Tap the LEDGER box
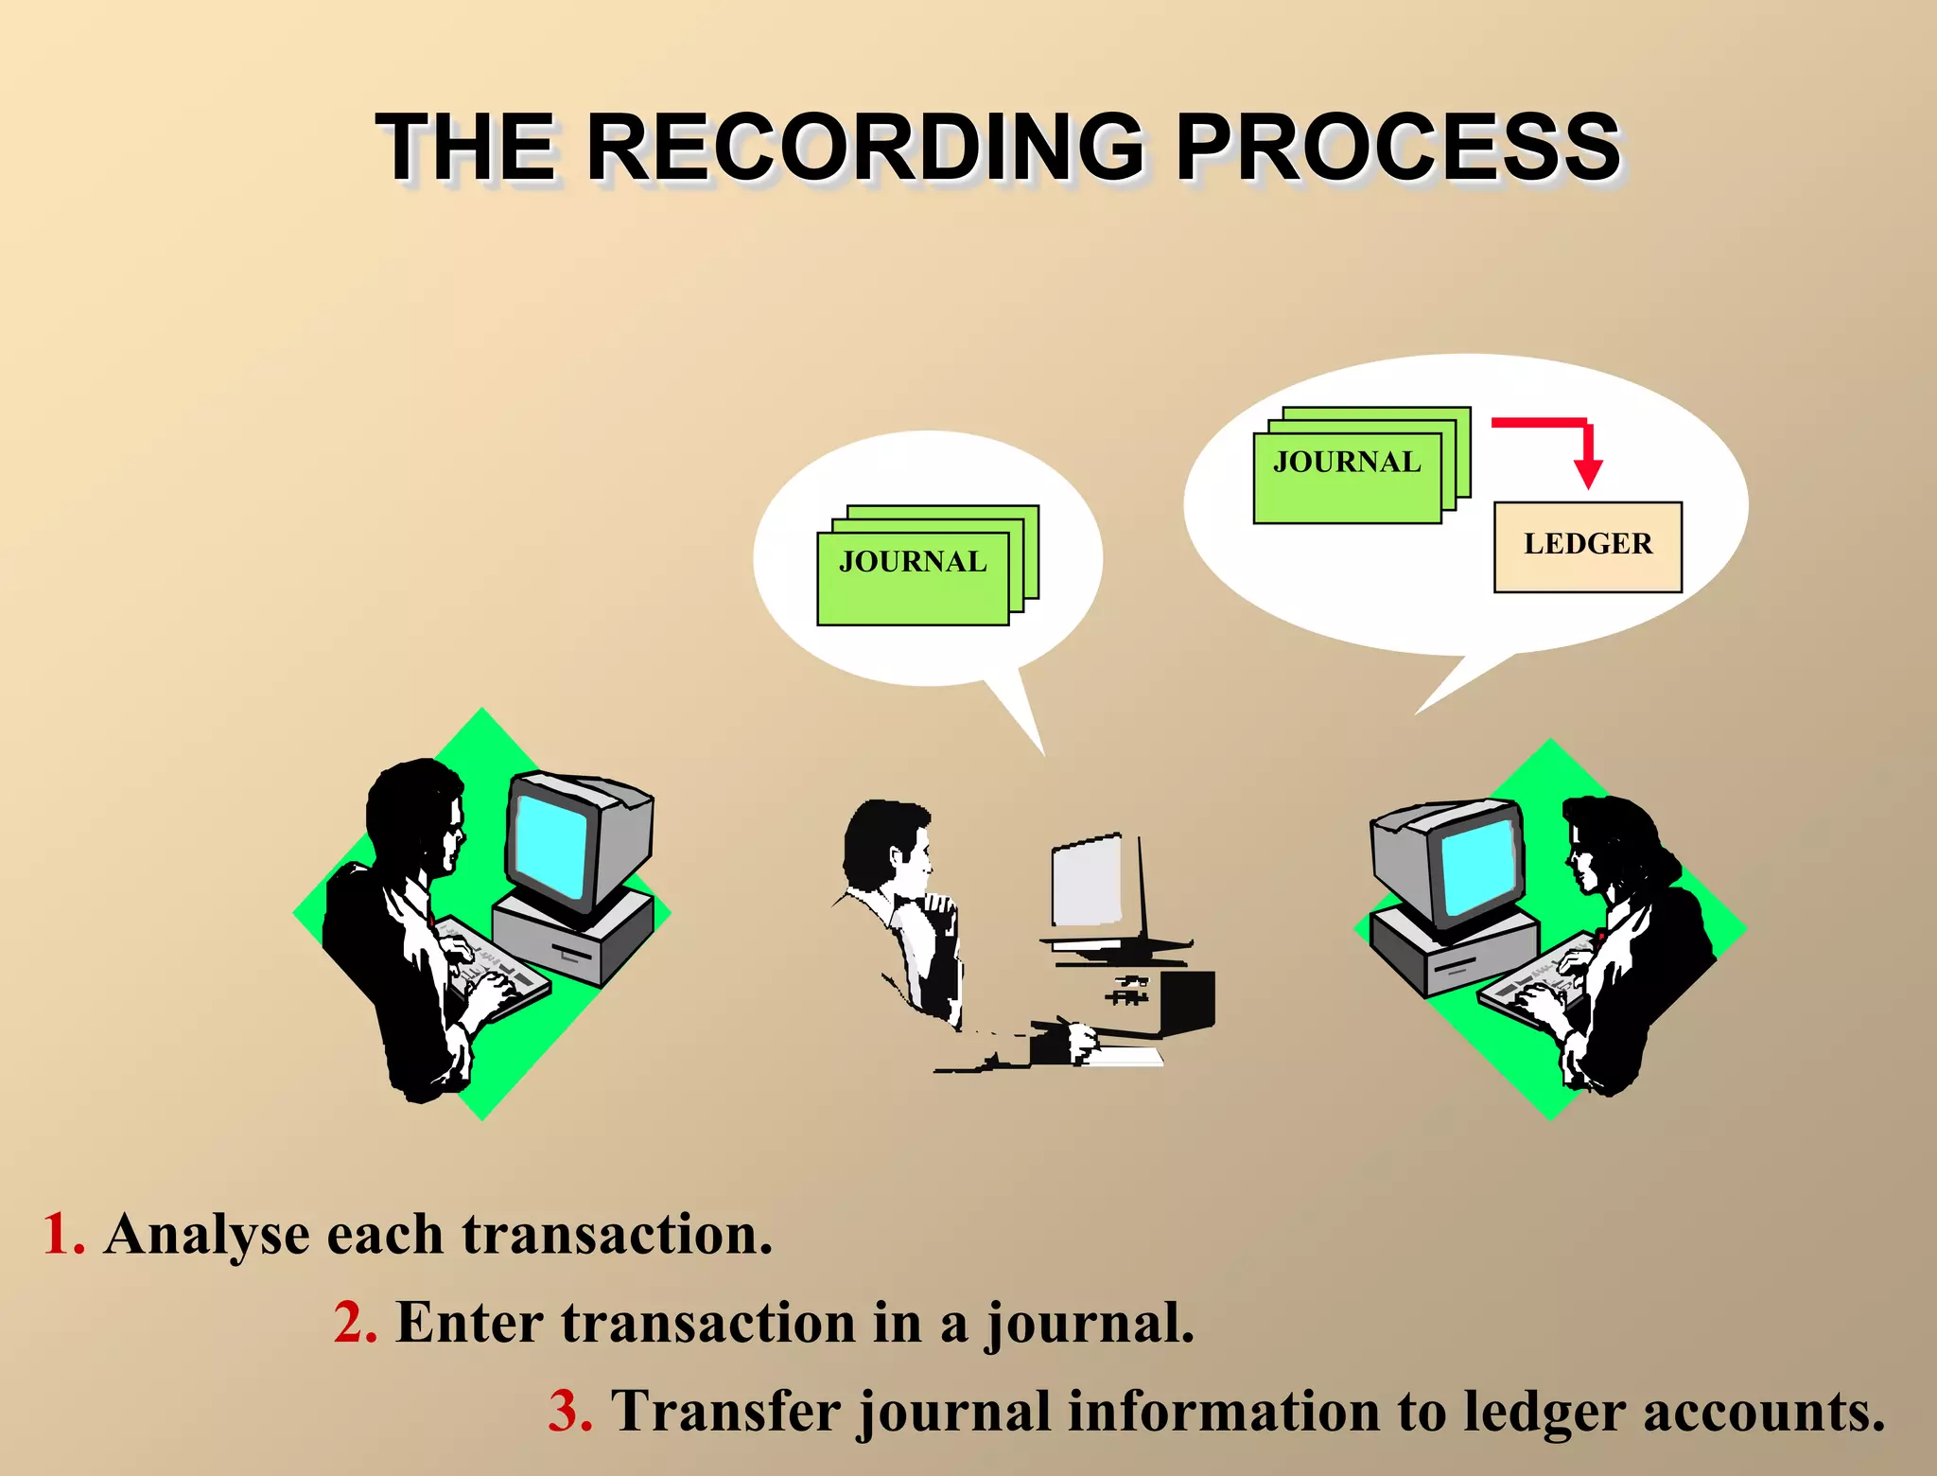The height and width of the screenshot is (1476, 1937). pyautogui.click(x=1587, y=546)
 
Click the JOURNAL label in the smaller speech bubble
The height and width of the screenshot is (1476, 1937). pyautogui.click(x=913, y=562)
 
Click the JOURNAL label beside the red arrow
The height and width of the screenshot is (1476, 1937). pyautogui.click(x=1346, y=462)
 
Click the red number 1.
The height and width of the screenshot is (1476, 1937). pyautogui.click(x=62, y=1234)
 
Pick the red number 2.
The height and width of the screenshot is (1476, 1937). pyautogui.click(x=355, y=1322)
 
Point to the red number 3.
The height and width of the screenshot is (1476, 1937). pyautogui.click(x=570, y=1411)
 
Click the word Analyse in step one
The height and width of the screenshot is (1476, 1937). pyautogui.click(x=207, y=1236)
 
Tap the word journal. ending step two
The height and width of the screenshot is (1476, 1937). pyautogui.click(x=1091, y=1324)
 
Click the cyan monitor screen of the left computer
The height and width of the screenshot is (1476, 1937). pyautogui.click(x=550, y=844)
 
